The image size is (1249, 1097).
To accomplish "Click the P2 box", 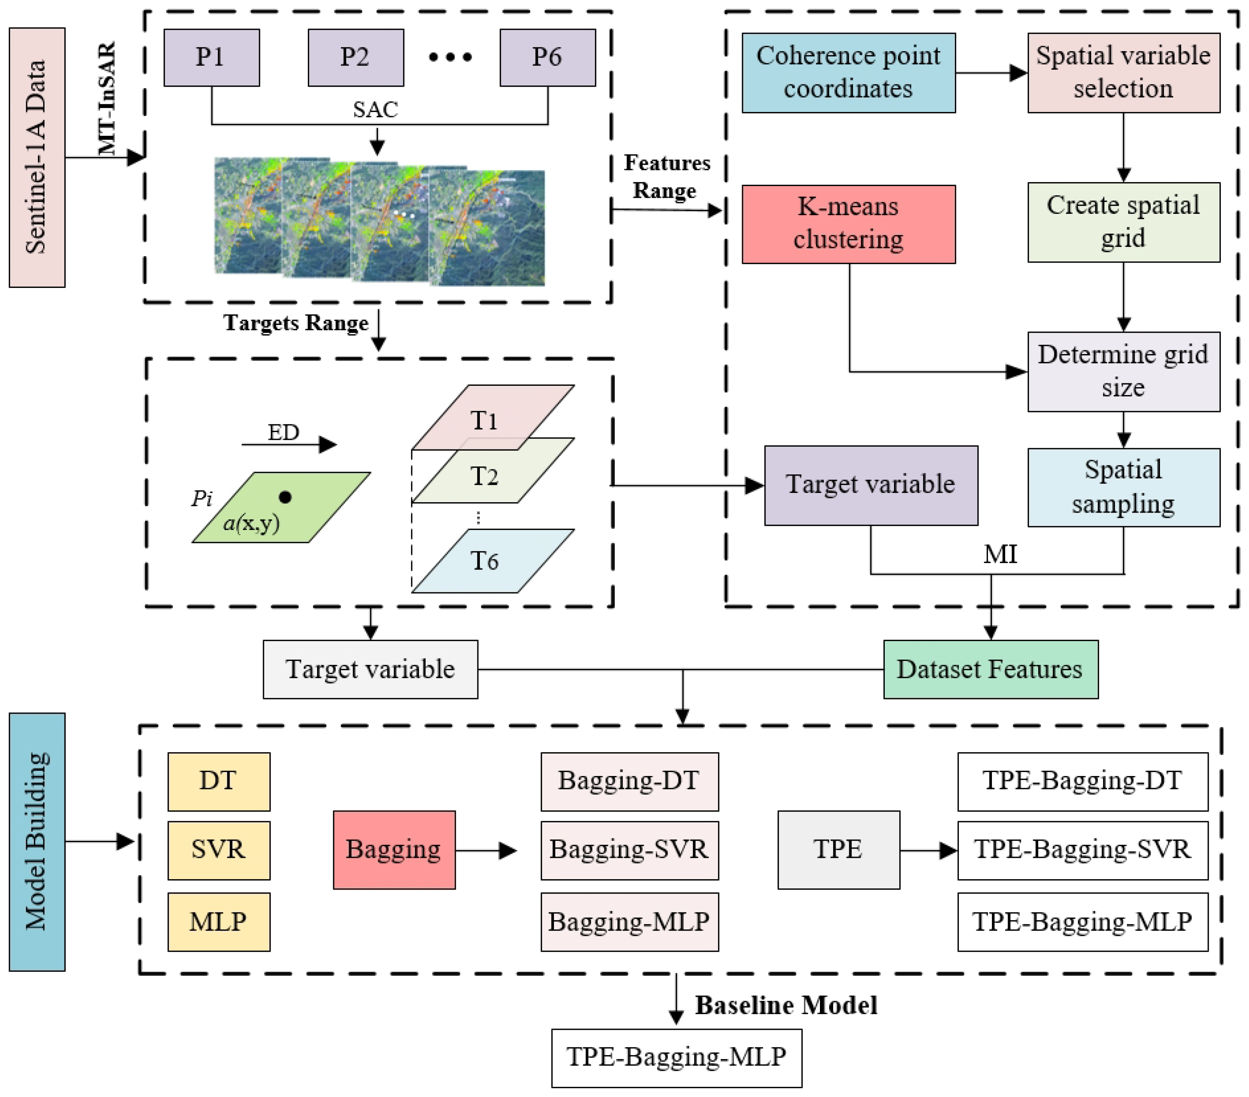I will (356, 58).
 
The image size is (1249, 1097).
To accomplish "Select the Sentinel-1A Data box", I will (37, 157).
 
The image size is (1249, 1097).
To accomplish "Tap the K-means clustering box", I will (848, 224).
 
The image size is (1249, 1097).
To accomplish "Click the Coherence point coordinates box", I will (848, 72).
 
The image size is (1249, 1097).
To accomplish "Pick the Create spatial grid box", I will (1123, 222).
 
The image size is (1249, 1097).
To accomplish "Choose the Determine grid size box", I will (1123, 371).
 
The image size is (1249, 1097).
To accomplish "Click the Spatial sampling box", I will (1123, 487).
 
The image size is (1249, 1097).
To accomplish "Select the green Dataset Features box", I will (990, 669).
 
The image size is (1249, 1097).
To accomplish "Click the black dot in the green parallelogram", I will (285, 497).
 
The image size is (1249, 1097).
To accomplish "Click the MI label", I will (1000, 555).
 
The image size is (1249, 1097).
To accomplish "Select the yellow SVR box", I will (219, 850).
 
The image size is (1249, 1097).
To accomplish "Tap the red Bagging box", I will (394, 850).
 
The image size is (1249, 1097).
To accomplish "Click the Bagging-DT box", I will (629, 781).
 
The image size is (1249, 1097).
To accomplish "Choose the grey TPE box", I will (838, 850).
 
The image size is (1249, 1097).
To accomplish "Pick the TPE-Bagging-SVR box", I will (1082, 850).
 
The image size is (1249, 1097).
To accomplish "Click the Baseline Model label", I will (786, 1005).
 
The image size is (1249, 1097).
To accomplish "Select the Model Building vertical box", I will (37, 842).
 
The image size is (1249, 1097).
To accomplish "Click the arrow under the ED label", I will (289, 445).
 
